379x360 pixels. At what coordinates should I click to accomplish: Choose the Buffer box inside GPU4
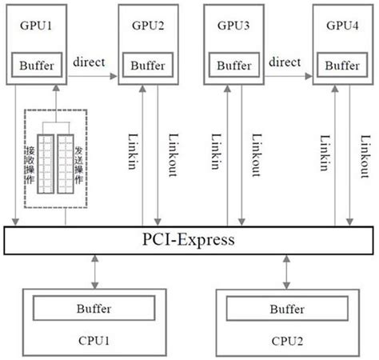[343, 64]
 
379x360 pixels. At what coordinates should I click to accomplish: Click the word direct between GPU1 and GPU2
[90, 62]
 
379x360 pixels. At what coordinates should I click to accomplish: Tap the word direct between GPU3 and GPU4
[285, 62]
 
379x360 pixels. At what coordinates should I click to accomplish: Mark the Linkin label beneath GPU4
[323, 152]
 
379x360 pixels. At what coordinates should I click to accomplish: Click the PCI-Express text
[189, 239]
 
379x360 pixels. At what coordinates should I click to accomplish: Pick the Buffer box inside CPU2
[285, 309]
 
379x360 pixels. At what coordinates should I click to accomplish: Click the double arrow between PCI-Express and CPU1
[95, 273]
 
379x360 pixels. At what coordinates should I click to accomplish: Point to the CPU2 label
[285, 341]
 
